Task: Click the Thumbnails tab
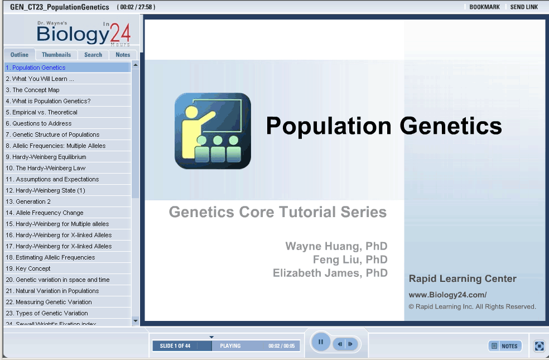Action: pyautogui.click(x=56, y=55)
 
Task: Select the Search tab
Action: pyautogui.click(x=93, y=55)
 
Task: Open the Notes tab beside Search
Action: pyautogui.click(x=123, y=55)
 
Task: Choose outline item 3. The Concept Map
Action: pyautogui.click(x=32, y=90)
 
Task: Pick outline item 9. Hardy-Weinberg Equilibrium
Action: pyautogui.click(x=46, y=157)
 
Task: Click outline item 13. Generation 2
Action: pyautogui.click(x=28, y=201)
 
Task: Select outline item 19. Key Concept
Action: pyautogui.click(x=28, y=268)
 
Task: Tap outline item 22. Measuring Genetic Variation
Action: pyautogui.click(x=49, y=302)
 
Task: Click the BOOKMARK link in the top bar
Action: pyautogui.click(x=485, y=7)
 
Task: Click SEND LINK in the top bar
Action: pyautogui.click(x=524, y=7)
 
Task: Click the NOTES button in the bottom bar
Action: pyautogui.click(x=505, y=346)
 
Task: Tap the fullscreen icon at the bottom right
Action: pyautogui.click(x=540, y=346)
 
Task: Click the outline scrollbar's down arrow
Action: pyautogui.click(x=136, y=321)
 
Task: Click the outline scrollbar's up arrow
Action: pyautogui.click(x=136, y=65)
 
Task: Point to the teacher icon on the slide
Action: pyautogui.click(x=213, y=131)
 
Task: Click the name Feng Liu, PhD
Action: pyautogui.click(x=350, y=260)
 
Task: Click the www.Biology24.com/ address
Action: pyautogui.click(x=447, y=295)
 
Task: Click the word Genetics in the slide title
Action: pyautogui.click(x=451, y=126)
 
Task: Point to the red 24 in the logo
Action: pyautogui.click(x=121, y=33)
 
